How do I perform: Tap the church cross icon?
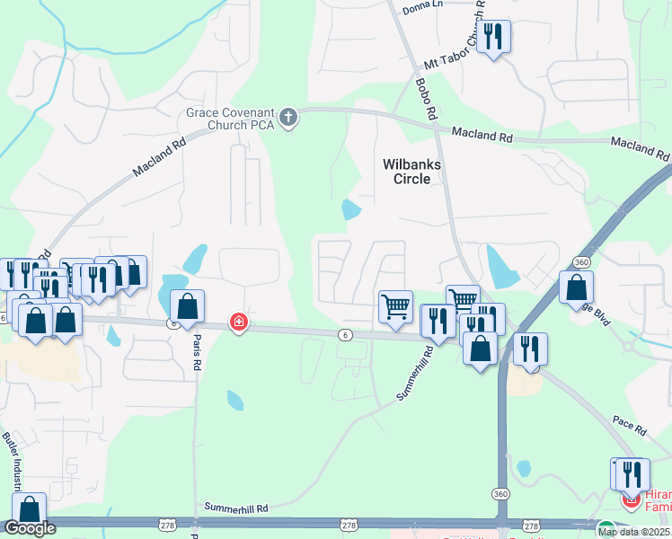(288, 118)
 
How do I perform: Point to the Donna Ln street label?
(423, 5)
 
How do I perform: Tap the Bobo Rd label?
(425, 98)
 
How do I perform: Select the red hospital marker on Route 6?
(238, 321)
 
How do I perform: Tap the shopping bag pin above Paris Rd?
(187, 306)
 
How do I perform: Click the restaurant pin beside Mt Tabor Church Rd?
(492, 37)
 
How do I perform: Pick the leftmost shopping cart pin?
(395, 306)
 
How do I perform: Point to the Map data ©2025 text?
(633, 532)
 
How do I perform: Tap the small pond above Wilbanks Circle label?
(351, 210)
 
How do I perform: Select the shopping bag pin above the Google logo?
(30, 510)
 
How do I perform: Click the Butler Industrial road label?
(13, 458)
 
